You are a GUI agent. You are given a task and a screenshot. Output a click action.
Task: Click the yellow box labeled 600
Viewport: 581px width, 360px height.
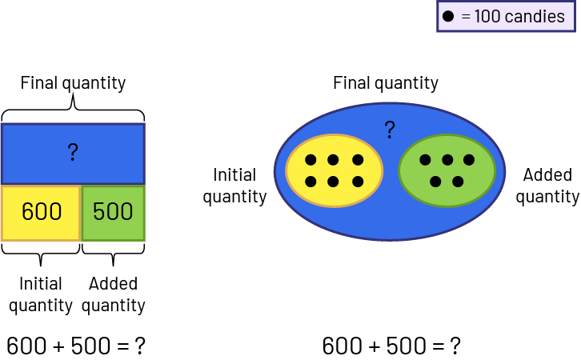(x=41, y=212)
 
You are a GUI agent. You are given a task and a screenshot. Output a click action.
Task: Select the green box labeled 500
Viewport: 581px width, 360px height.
(x=113, y=212)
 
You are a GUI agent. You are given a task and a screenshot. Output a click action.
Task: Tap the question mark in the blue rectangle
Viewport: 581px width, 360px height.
(x=73, y=153)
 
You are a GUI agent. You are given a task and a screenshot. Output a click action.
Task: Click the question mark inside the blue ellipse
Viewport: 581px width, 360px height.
(x=390, y=130)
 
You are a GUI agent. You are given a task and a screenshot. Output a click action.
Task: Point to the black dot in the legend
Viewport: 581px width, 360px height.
(x=449, y=16)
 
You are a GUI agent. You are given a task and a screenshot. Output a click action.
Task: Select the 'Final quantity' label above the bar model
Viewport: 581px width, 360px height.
(x=73, y=83)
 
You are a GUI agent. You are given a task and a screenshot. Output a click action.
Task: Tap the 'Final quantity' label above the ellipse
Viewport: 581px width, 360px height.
(x=386, y=83)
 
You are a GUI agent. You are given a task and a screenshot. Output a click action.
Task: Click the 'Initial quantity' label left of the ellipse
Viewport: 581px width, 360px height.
(x=234, y=186)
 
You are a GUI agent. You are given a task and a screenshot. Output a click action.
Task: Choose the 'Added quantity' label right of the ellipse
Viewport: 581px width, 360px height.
(x=547, y=186)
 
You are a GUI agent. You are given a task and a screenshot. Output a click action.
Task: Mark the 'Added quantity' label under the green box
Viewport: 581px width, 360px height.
(x=113, y=294)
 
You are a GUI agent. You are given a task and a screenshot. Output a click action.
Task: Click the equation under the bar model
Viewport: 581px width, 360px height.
(x=76, y=346)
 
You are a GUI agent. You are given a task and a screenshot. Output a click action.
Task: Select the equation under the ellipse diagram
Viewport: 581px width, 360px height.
(x=391, y=346)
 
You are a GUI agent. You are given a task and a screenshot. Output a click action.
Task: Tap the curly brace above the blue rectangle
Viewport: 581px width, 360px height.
(x=73, y=107)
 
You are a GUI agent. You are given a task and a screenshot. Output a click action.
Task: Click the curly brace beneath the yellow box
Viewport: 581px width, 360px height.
(x=41, y=252)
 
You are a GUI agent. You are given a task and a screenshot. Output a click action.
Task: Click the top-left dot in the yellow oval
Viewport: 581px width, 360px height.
(x=311, y=160)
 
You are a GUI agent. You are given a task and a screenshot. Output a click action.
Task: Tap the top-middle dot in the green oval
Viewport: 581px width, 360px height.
(x=447, y=160)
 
